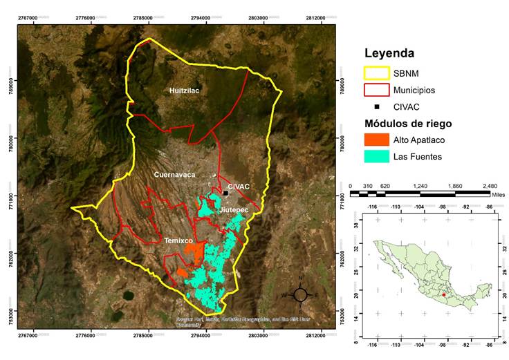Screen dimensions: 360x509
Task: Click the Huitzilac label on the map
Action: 185,91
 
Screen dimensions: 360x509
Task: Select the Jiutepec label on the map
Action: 232,209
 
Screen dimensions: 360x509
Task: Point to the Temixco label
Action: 178,240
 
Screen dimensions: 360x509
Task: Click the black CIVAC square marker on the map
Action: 225,193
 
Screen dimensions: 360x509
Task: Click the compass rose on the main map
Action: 300,294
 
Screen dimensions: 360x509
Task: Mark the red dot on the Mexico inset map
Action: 443,295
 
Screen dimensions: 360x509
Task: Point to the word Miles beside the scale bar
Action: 497,195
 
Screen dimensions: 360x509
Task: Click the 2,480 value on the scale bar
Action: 489,187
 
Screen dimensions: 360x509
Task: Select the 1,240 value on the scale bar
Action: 420,187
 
